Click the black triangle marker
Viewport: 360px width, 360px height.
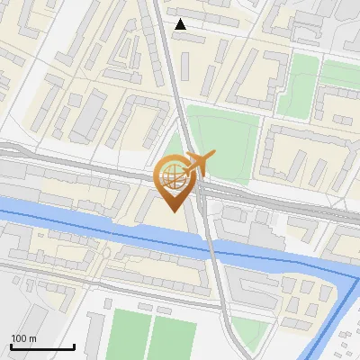pyautogui.click(x=181, y=24)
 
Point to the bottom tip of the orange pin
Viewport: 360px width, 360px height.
pyautogui.click(x=172, y=210)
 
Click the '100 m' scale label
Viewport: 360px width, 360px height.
pyautogui.click(x=23, y=337)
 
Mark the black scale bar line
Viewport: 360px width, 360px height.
pyautogui.click(x=41, y=346)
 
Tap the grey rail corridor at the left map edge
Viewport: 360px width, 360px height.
pyautogui.click(x=13, y=162)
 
